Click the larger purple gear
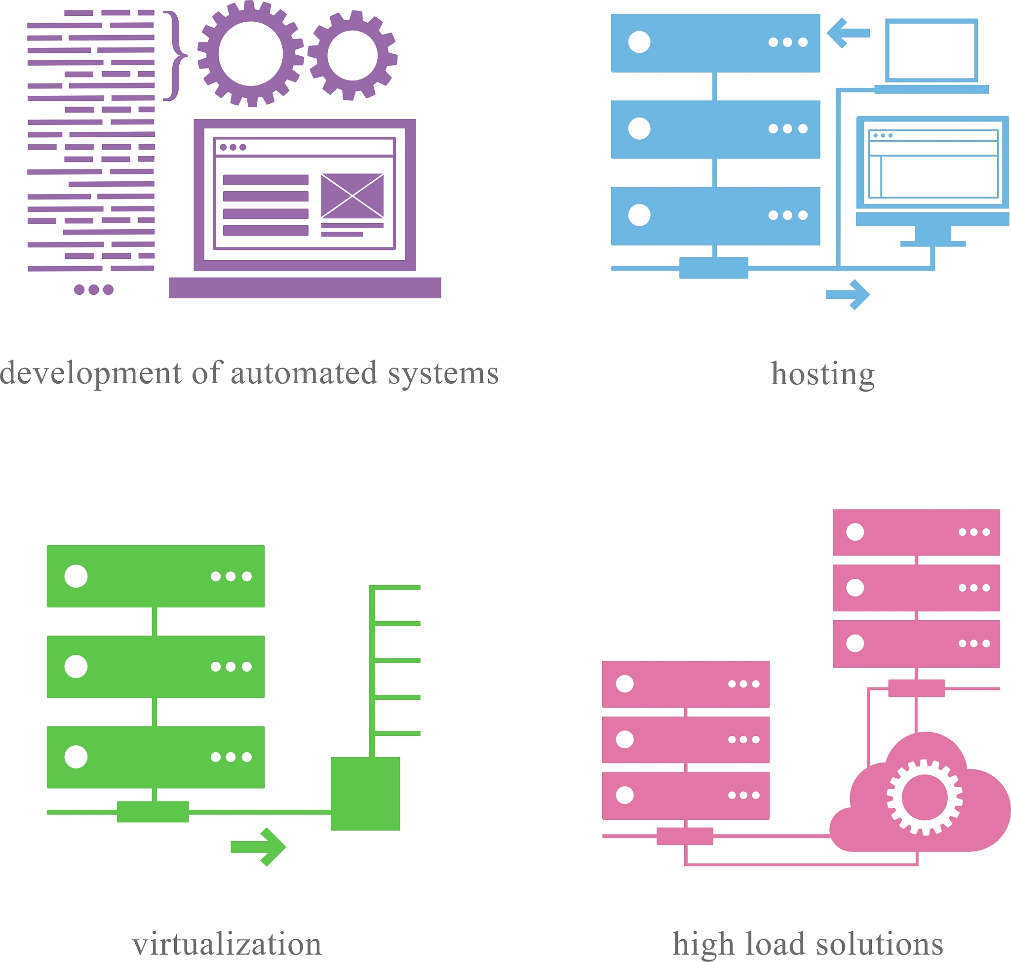click(x=250, y=54)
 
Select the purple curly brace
click(x=175, y=55)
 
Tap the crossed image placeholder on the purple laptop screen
click(x=352, y=196)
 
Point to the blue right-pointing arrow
click(x=848, y=295)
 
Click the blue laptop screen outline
click(x=932, y=50)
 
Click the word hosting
click(x=822, y=374)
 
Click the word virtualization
click(x=227, y=944)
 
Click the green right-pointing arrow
click(x=258, y=846)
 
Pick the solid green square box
click(x=365, y=793)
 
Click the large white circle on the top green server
click(x=76, y=576)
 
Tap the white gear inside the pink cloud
click(x=924, y=797)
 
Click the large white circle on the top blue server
click(x=639, y=42)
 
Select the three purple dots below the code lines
click(x=94, y=290)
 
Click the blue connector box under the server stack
click(x=713, y=268)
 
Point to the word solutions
click(x=879, y=944)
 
